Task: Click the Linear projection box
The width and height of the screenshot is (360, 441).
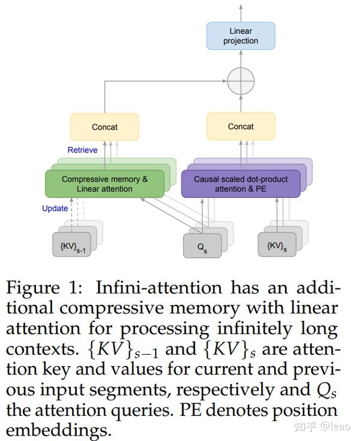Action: [x=241, y=36]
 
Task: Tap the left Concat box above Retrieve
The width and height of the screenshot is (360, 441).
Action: [x=105, y=127]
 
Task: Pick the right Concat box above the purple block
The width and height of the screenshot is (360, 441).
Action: [x=241, y=127]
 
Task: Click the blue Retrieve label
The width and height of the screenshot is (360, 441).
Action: [x=82, y=150]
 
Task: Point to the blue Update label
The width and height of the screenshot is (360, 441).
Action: [x=55, y=209]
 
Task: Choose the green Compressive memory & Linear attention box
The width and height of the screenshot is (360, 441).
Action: [x=104, y=184]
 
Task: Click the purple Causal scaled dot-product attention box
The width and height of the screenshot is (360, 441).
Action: [x=241, y=184]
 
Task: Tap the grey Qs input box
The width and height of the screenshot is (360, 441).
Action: [x=202, y=245]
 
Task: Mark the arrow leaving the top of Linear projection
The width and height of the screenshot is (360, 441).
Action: [x=241, y=12]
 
